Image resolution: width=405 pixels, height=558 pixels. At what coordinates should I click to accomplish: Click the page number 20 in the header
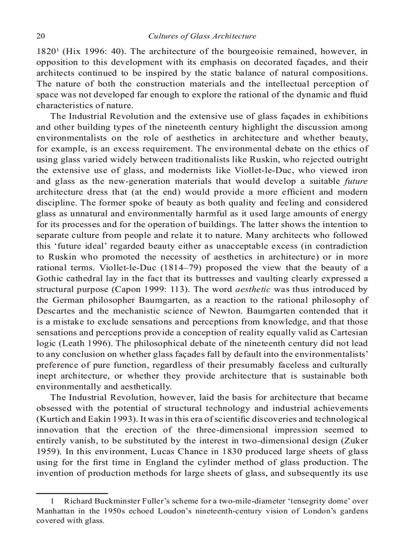(41, 36)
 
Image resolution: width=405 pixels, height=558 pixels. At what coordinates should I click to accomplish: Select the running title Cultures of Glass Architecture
(202, 36)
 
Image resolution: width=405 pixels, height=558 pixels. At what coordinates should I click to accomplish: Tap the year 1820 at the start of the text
(45, 51)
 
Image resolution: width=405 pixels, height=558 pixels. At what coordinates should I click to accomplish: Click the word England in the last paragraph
(169, 462)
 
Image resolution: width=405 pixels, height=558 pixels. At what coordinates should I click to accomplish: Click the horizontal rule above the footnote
(72, 492)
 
